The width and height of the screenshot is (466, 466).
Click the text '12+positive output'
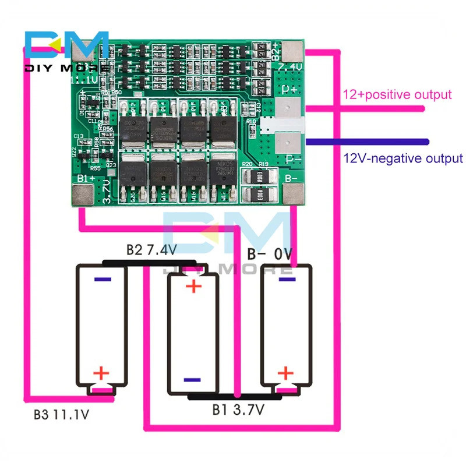click(x=397, y=94)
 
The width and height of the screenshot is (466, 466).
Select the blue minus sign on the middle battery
click(x=192, y=380)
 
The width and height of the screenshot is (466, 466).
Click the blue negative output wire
click(x=367, y=142)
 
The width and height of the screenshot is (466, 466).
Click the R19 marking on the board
click(x=263, y=165)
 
